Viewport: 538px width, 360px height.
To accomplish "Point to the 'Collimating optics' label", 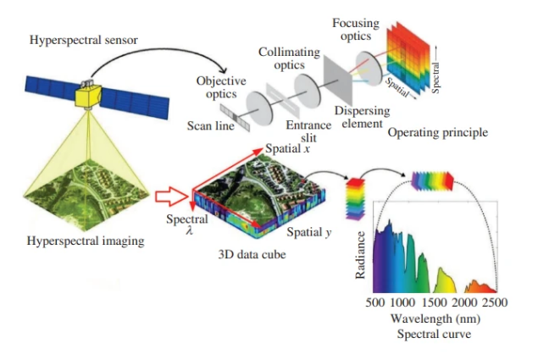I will (x=289, y=58).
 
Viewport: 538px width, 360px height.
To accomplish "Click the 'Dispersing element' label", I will (x=361, y=116).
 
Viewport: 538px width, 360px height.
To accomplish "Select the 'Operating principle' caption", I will (x=438, y=133).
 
